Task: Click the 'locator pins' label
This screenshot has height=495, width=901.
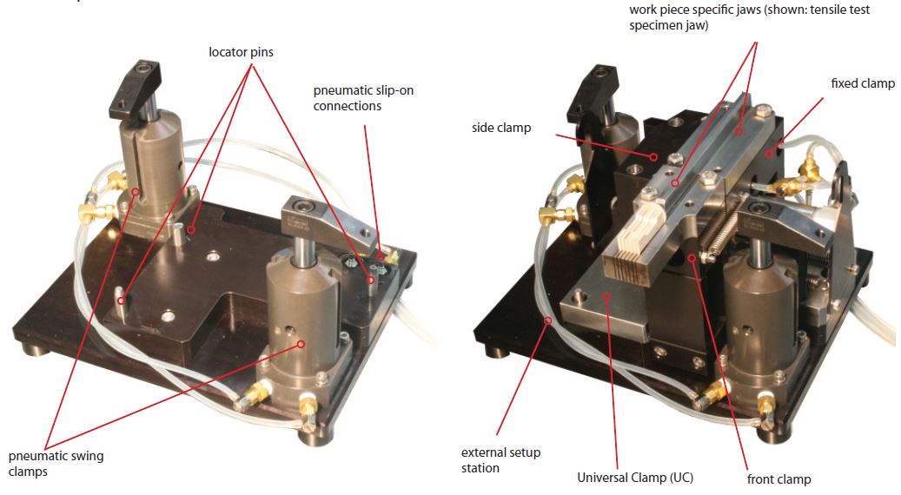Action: (241, 52)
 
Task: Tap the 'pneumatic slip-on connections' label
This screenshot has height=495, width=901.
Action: (363, 98)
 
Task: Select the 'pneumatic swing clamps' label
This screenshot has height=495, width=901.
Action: (56, 464)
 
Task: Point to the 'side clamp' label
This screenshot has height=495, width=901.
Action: (501, 128)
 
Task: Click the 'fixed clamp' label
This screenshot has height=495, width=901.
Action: (863, 83)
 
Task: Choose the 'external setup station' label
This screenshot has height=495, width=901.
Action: (500, 460)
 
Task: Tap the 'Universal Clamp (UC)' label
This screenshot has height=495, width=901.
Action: (635, 478)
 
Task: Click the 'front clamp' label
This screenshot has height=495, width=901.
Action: (778, 478)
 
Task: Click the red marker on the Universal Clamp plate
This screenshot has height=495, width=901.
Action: (605, 296)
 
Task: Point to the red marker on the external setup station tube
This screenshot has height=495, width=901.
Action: (548, 320)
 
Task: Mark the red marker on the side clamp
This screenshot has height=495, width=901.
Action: (653, 156)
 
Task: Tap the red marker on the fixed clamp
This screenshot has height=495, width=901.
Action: (768, 154)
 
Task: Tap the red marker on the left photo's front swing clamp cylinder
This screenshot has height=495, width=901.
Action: (300, 344)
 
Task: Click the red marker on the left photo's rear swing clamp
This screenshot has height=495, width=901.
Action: (136, 192)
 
